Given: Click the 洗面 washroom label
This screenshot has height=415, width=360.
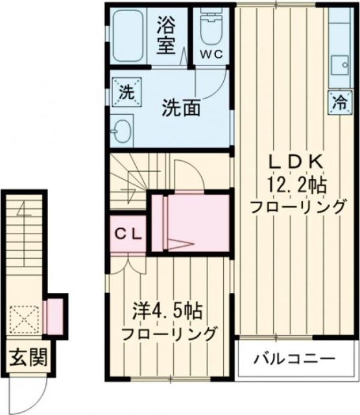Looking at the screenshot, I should (x=181, y=106).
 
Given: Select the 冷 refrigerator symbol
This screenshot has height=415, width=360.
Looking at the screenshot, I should (x=339, y=101).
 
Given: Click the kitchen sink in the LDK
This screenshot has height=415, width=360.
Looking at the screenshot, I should (x=339, y=65).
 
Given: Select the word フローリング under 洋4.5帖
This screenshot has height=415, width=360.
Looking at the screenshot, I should (x=170, y=335).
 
